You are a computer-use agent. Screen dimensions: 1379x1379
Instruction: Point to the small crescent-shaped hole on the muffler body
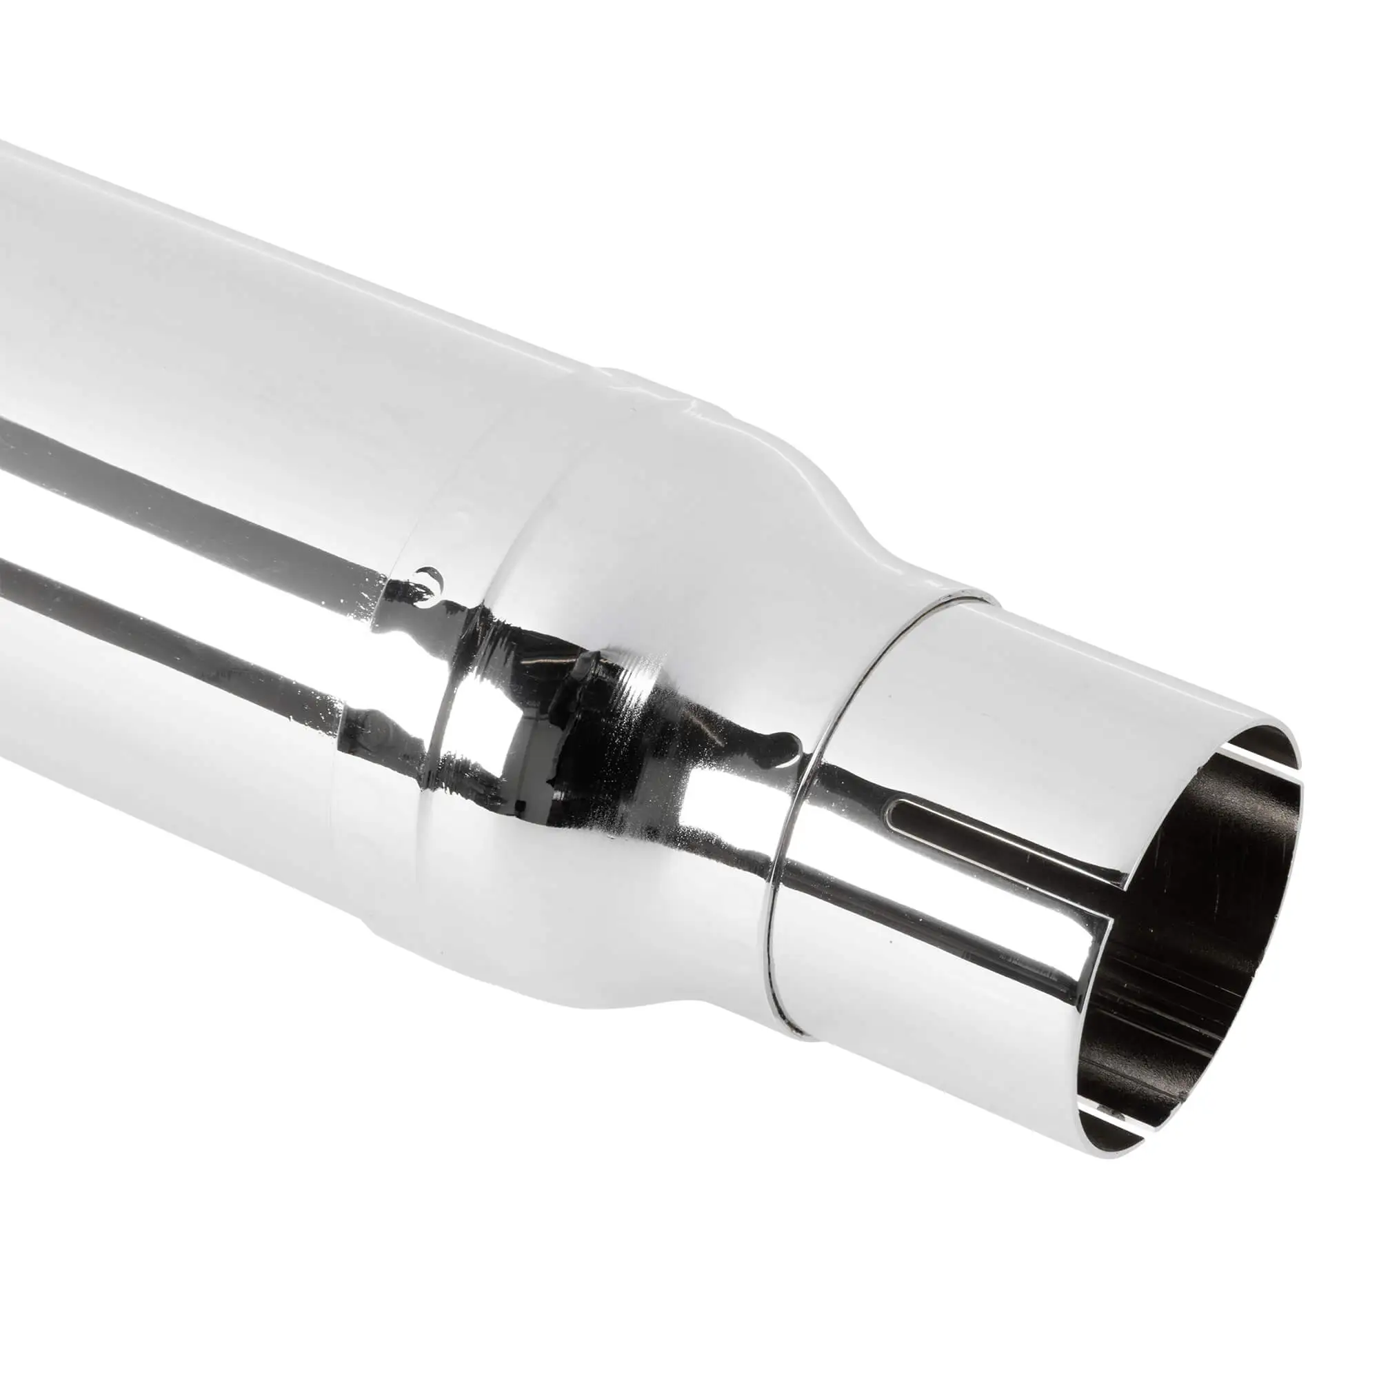click(429, 574)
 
